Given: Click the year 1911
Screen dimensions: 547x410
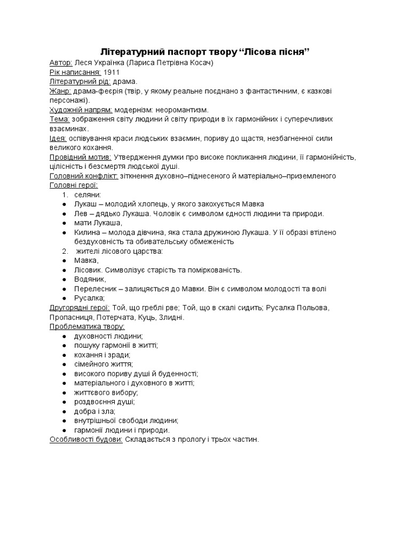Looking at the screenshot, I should click(x=112, y=72).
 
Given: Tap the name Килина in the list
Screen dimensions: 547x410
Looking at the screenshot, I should click(x=88, y=232).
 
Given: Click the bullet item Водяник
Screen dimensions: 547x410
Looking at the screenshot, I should click(x=90, y=279).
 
